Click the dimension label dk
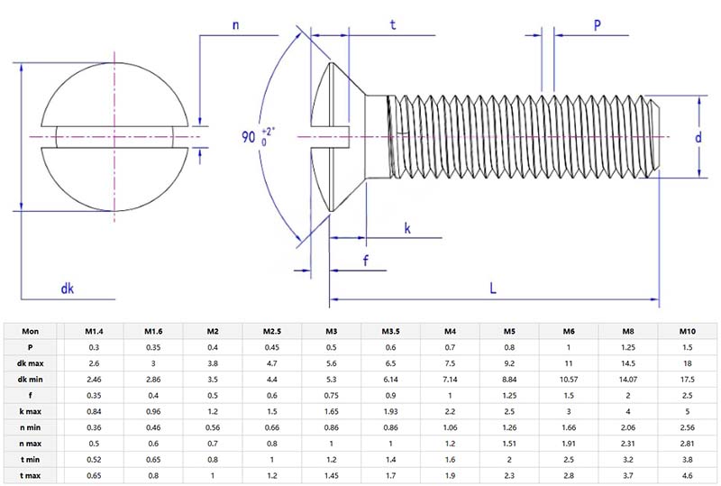pyautogui.click(x=67, y=288)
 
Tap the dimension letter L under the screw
pyautogui.click(x=493, y=288)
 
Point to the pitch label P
pyautogui.click(x=598, y=25)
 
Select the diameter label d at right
pyautogui.click(x=698, y=137)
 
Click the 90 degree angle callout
pyautogui.click(x=257, y=137)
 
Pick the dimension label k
pyautogui.click(x=407, y=229)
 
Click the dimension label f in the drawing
pyautogui.click(x=365, y=261)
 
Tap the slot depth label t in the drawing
pyautogui.click(x=393, y=25)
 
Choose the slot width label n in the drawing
pyautogui.click(x=235, y=25)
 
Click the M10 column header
pyautogui.click(x=686, y=331)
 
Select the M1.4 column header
pyautogui.click(x=94, y=331)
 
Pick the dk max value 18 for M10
pyautogui.click(x=686, y=362)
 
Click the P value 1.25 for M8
pyautogui.click(x=627, y=347)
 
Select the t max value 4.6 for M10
pyautogui.click(x=686, y=474)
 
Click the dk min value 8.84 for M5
pyautogui.click(x=509, y=379)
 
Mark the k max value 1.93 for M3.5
pyautogui.click(x=390, y=410)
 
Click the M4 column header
pyautogui.click(x=450, y=331)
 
